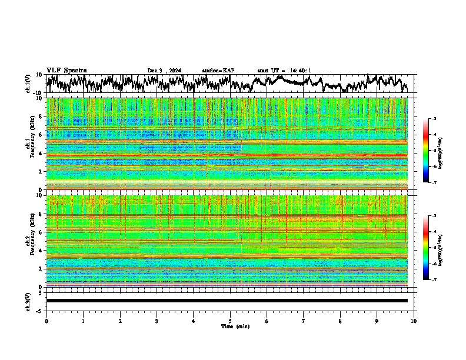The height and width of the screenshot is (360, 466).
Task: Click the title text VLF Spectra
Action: click(x=66, y=70)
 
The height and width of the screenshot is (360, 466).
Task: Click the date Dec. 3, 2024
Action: click(x=164, y=71)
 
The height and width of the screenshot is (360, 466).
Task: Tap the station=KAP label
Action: click(x=218, y=71)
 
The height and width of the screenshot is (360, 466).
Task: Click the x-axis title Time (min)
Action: click(x=235, y=326)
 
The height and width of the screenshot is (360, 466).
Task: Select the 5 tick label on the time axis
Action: click(x=230, y=321)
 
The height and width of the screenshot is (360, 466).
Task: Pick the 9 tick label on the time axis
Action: click(x=377, y=321)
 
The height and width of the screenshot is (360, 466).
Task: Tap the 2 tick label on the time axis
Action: click(x=120, y=321)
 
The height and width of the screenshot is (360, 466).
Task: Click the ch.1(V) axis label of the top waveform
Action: click(x=28, y=84)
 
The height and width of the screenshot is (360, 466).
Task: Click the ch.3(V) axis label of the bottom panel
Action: click(x=28, y=301)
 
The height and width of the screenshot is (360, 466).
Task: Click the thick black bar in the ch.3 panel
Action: click(x=227, y=301)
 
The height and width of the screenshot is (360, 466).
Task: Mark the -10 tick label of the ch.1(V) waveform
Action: click(x=37, y=93)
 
